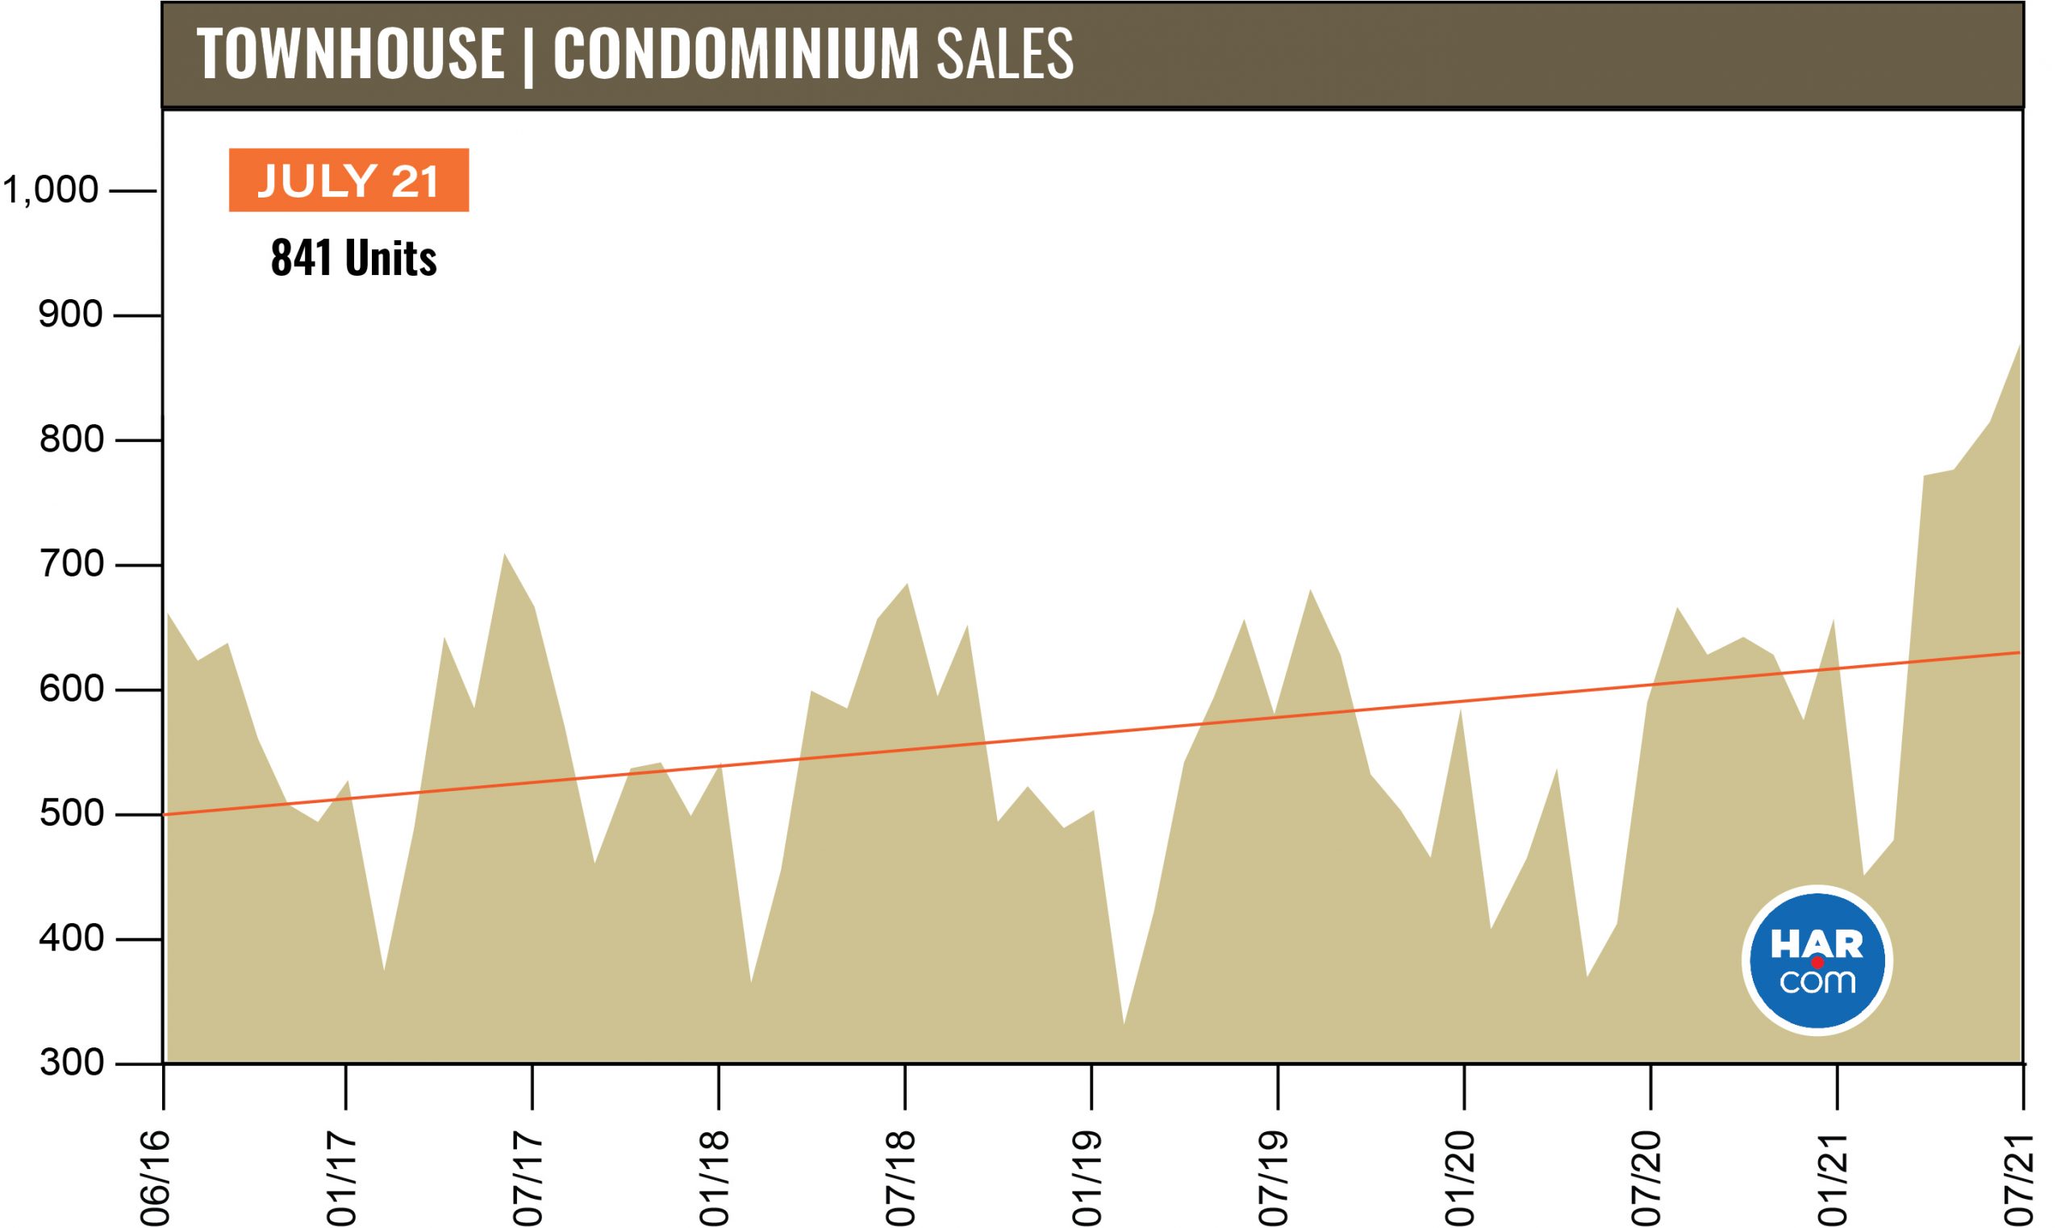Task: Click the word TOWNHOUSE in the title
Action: [350, 55]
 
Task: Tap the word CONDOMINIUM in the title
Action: [736, 55]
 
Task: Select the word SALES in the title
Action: [1004, 55]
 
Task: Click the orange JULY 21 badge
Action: [348, 181]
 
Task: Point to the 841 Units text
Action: [353, 258]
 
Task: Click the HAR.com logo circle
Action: [1817, 961]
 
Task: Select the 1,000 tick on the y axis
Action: [52, 191]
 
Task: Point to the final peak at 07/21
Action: [2021, 344]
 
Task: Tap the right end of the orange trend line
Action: [2019, 653]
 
